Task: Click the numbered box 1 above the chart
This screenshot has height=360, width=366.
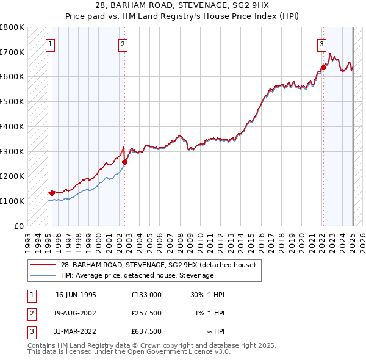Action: coord(49,43)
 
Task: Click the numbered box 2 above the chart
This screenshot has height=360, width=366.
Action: coord(123,43)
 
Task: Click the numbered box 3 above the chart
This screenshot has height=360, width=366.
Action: coord(321,43)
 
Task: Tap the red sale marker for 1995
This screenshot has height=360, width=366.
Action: coord(52,193)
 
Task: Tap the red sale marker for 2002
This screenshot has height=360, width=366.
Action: coord(125,162)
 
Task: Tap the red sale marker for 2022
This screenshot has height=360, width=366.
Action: coord(324,67)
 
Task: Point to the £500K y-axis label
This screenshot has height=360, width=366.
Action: coord(12,101)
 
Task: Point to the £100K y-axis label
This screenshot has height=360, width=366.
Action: coord(12,201)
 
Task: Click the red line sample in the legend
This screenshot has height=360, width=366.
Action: coord(43,264)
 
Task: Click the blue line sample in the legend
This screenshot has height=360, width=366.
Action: coord(43,275)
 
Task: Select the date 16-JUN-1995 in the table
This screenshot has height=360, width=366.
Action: coord(76,295)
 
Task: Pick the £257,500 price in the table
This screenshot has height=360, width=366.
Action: coord(146,313)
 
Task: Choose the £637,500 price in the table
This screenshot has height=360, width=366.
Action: coord(146,331)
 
